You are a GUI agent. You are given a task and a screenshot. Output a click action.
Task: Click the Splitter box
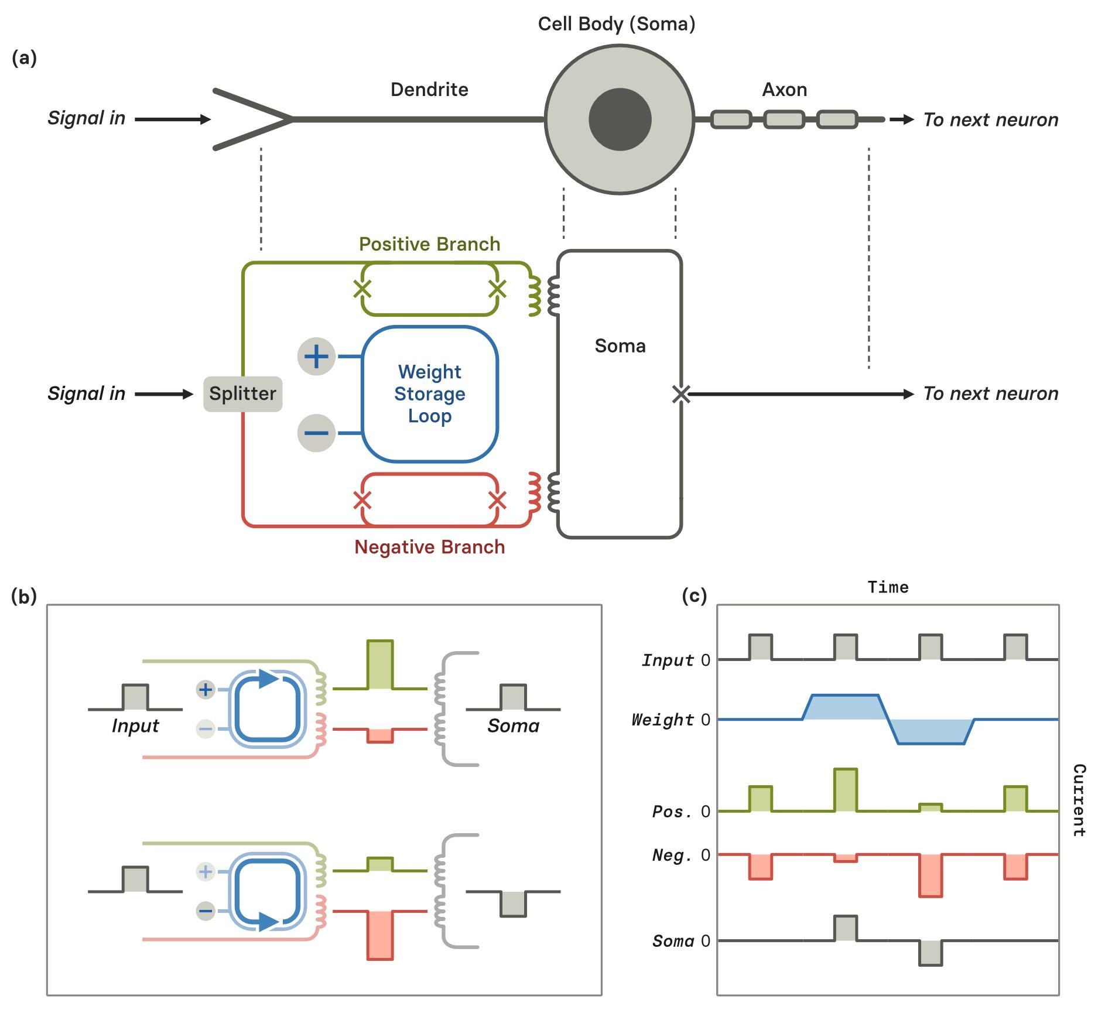coord(242,393)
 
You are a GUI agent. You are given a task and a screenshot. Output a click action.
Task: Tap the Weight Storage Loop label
coord(429,393)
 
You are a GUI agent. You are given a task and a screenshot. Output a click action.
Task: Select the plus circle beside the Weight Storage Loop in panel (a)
coord(316,356)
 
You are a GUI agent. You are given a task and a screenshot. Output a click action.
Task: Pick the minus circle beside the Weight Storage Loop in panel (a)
coord(316,433)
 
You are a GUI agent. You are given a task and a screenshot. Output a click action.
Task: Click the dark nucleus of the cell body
coord(620,119)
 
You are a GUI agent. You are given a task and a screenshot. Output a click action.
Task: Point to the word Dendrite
coord(429,90)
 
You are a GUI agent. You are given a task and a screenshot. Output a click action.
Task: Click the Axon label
coord(784,90)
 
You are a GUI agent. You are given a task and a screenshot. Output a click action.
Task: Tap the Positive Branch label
coord(429,244)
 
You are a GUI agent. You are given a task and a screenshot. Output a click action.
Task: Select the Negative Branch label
coord(429,547)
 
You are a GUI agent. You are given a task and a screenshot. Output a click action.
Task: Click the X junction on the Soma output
coord(680,394)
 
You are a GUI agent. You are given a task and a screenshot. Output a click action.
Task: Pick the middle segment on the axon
coord(784,119)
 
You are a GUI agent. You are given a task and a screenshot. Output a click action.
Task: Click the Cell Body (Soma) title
coord(616,24)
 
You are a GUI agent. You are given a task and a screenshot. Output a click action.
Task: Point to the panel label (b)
coord(24,596)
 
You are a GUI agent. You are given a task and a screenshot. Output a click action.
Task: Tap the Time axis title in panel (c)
coord(888,587)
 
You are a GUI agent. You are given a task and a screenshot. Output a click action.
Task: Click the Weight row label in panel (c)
coord(662,720)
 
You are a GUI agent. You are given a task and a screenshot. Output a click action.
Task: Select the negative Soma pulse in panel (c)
coord(931,953)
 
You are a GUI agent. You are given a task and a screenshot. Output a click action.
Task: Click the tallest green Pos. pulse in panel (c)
coord(845,790)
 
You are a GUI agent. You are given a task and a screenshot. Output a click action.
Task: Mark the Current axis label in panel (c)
coord(1079,800)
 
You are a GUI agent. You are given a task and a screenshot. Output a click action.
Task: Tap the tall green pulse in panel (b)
coord(380,665)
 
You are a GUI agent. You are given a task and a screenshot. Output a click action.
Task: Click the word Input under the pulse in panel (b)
coord(135,726)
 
